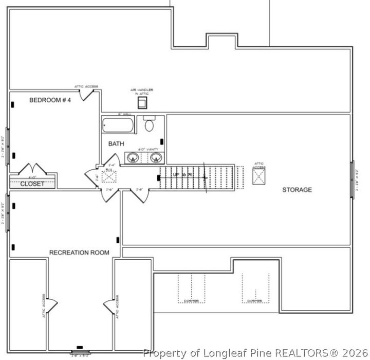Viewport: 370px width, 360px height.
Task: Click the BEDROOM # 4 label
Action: (x=50, y=100)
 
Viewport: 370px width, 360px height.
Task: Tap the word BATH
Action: (x=116, y=144)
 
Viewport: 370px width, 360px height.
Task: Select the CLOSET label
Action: (x=32, y=184)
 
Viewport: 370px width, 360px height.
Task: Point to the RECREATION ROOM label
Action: (x=79, y=253)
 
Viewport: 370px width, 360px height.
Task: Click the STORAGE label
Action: (x=297, y=190)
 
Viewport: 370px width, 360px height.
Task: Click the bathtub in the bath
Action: (x=118, y=125)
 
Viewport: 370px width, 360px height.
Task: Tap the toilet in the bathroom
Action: (x=150, y=124)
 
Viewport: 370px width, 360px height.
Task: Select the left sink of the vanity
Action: (x=134, y=157)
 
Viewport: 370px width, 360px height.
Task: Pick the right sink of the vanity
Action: (x=155, y=157)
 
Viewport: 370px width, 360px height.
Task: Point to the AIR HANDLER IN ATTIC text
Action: (x=142, y=92)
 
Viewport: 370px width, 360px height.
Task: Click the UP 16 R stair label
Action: (x=182, y=175)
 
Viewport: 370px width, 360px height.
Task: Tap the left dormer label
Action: (x=191, y=301)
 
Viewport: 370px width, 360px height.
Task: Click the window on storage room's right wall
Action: (x=353, y=177)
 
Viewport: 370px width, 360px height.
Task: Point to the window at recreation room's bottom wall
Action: (x=79, y=352)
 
